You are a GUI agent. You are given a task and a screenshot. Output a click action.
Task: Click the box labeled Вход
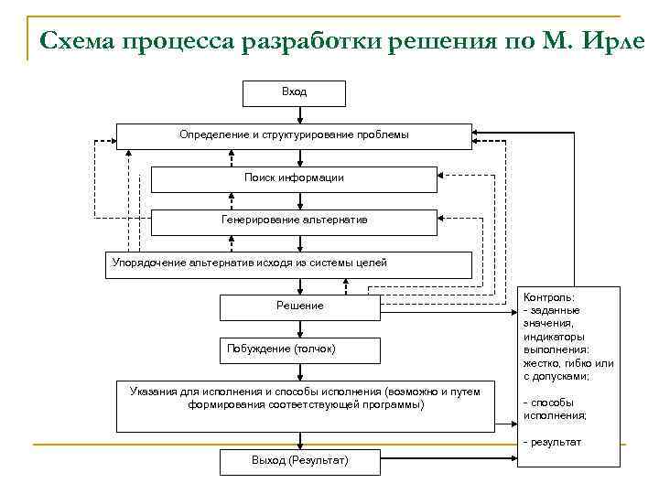[x=294, y=93]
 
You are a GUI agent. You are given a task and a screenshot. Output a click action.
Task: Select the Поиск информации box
[x=294, y=178]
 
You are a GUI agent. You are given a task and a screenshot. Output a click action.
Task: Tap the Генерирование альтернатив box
[x=294, y=221]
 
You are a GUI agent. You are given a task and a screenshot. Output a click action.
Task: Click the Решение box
[x=299, y=306]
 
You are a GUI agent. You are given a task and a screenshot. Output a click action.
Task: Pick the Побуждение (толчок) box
[x=299, y=350]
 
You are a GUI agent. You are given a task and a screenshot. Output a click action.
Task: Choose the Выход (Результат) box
[x=299, y=461]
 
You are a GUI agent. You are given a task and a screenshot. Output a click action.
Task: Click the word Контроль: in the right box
[x=549, y=298]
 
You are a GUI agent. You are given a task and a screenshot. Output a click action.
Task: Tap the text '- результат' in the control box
[x=552, y=442]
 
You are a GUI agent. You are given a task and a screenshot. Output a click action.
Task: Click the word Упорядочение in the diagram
[x=148, y=263]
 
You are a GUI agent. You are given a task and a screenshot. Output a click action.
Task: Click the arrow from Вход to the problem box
[x=294, y=115]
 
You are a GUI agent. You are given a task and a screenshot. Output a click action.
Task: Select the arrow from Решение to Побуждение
[x=299, y=329]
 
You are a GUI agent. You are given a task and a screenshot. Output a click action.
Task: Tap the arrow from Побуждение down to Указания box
[x=299, y=371]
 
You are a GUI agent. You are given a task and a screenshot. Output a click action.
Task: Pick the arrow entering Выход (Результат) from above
[x=299, y=440]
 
